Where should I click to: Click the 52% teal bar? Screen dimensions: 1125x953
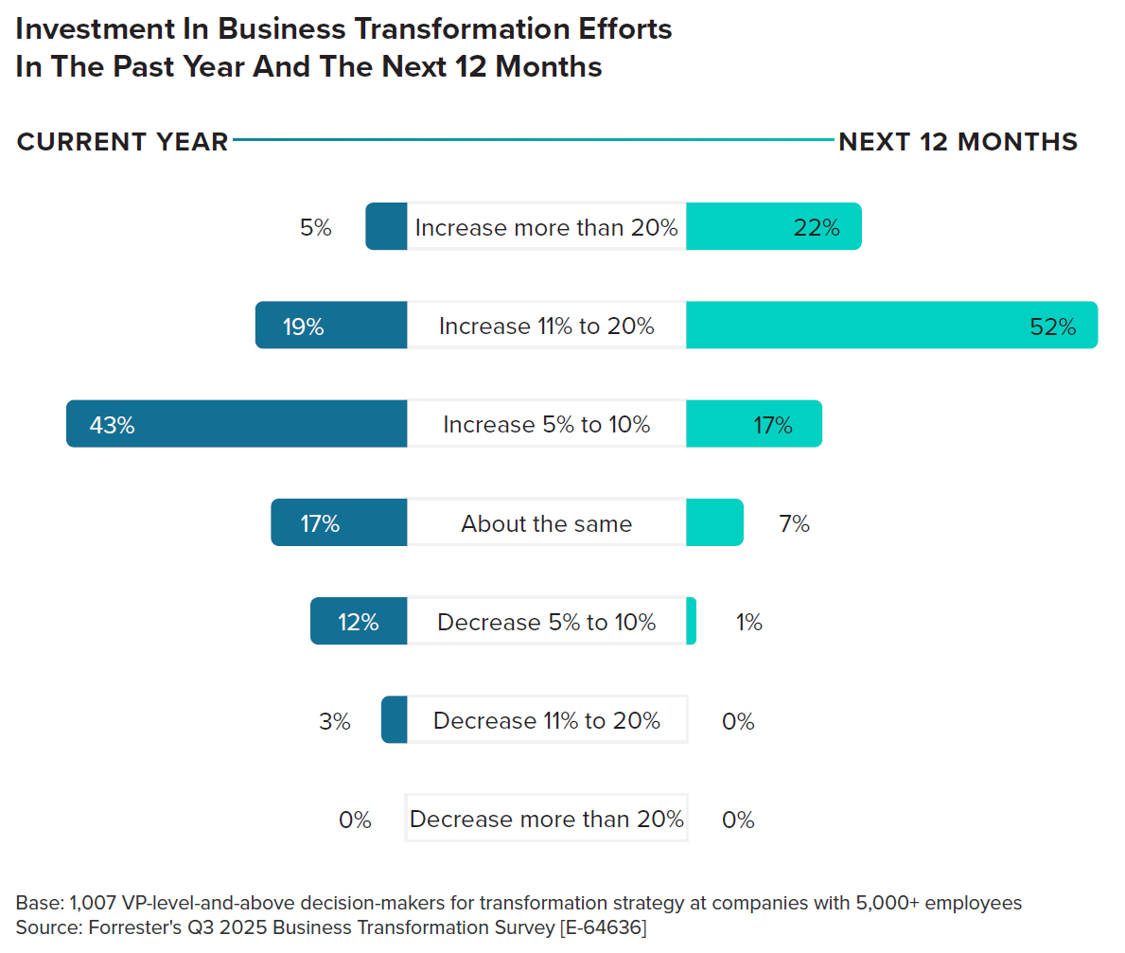tap(892, 326)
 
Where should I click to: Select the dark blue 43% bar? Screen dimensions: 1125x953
tap(237, 423)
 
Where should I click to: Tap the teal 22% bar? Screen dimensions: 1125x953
tap(774, 226)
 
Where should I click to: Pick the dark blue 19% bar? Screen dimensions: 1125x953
tap(331, 326)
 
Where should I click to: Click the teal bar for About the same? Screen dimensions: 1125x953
tap(714, 522)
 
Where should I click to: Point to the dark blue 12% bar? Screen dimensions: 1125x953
tap(359, 621)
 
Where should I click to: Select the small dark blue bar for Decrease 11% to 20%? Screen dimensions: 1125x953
tap(395, 719)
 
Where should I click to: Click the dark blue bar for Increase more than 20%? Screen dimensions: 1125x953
tap(387, 226)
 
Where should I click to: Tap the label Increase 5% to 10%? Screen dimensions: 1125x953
tap(547, 424)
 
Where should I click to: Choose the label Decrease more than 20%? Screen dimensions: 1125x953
tap(547, 819)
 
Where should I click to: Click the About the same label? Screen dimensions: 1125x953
tap(547, 523)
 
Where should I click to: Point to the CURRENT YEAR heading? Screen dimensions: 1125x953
tap(123, 141)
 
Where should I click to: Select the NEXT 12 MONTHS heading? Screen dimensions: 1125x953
tap(958, 141)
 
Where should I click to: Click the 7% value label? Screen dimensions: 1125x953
tap(794, 523)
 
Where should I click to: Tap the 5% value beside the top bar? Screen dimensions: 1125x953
tap(316, 227)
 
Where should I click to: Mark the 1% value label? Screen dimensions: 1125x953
tap(749, 622)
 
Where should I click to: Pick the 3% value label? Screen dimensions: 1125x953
tap(335, 720)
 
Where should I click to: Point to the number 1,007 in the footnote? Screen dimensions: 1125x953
tap(93, 903)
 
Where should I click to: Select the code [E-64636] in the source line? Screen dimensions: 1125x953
tap(604, 927)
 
